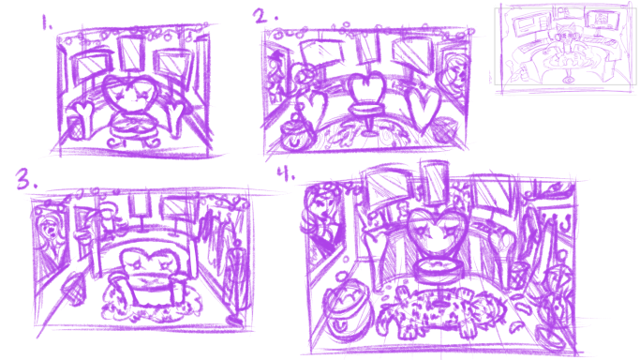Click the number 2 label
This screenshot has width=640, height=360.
[x=260, y=15]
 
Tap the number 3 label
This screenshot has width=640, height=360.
[x=22, y=181]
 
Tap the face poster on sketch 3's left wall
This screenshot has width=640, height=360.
[x=47, y=232]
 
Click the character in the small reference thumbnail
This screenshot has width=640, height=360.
[x=567, y=43]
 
